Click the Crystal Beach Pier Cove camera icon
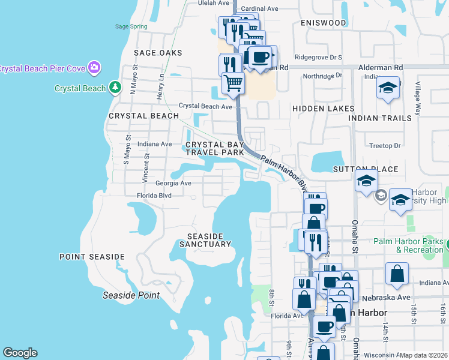pos(94,67)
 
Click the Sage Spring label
pos(130,26)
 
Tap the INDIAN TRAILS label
pos(381,118)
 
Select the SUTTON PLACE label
pos(366,169)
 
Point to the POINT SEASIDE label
pos(92,257)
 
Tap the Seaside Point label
pos(131,295)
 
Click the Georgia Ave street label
pos(173,183)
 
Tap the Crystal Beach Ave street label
pos(205,106)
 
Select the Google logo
pos(20,353)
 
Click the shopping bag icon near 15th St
pos(396,274)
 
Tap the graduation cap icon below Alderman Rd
pos(388,88)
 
